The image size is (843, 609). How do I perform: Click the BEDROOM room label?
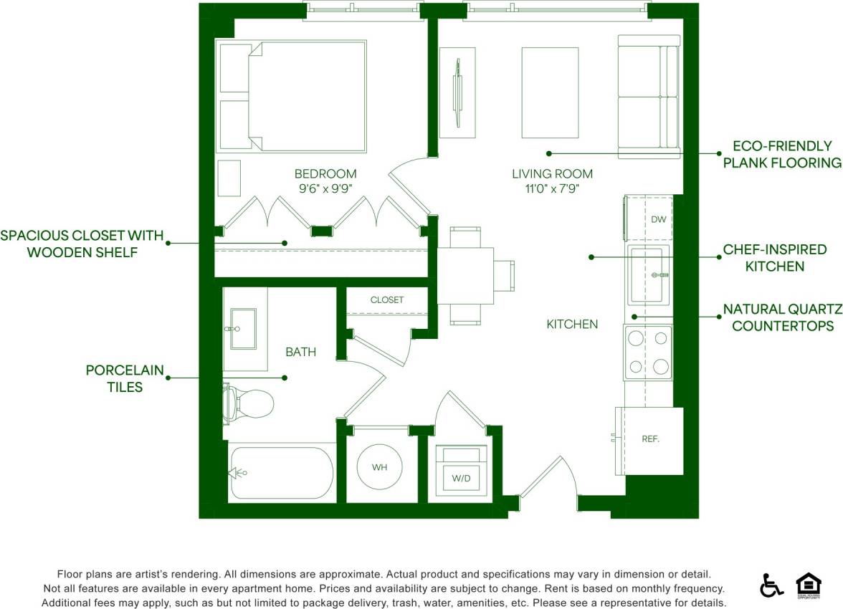point(325,173)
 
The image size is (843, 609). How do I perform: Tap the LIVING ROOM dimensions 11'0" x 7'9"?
point(552,189)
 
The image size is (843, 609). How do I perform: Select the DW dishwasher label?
point(659,219)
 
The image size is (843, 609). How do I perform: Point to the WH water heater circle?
point(379,467)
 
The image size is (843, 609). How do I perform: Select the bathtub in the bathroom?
point(281,473)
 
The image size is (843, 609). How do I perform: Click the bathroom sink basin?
point(243,329)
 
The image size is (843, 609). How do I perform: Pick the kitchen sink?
point(648,275)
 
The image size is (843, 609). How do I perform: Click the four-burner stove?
point(648,353)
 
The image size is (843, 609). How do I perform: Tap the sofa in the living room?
point(648,97)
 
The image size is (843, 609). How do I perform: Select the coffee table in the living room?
point(550,92)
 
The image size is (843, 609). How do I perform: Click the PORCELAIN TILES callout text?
point(125,378)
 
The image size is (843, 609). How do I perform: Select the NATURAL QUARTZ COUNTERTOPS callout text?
point(781,317)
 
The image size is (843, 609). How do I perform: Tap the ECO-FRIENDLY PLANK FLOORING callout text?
point(781,155)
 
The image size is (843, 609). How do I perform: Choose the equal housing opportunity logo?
point(808,585)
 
